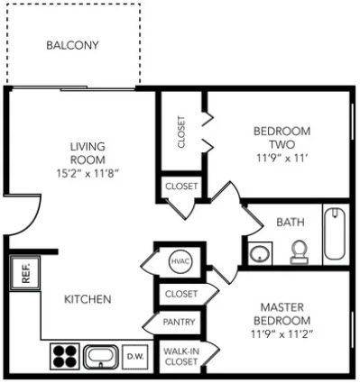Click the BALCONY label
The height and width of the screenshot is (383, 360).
(72, 45)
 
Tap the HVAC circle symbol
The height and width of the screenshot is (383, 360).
(180, 261)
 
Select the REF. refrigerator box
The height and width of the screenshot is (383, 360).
(24, 273)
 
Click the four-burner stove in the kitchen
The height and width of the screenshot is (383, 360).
(64, 356)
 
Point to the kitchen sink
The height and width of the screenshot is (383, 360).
(101, 357)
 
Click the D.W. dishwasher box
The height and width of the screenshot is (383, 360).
(135, 357)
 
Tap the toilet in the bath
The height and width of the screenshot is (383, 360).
(299, 251)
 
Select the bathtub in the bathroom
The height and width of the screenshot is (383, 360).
(335, 233)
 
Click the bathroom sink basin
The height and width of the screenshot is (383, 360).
(259, 254)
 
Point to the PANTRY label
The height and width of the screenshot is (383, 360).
(179, 322)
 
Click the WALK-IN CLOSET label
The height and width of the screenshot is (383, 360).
(181, 356)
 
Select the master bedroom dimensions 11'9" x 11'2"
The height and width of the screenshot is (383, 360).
(282, 333)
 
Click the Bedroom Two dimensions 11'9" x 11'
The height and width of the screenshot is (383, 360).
(282, 158)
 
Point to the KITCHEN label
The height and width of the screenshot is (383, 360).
(88, 299)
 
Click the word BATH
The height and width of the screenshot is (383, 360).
(291, 223)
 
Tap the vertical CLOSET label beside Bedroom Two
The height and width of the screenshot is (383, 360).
(181, 132)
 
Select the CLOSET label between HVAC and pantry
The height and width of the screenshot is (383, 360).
(181, 294)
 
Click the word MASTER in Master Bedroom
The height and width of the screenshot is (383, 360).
(282, 307)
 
